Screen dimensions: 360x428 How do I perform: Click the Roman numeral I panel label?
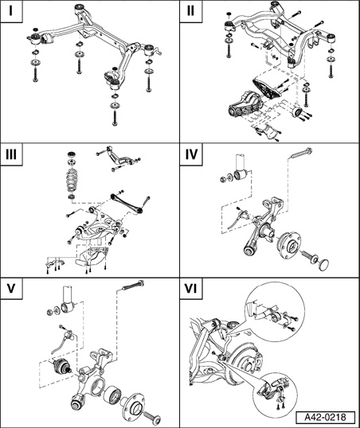(x=10, y=11)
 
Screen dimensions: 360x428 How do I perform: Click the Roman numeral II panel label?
(x=190, y=11)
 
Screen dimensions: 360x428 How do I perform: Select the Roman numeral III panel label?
(x=11, y=154)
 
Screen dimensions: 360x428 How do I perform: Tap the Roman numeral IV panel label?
(x=191, y=154)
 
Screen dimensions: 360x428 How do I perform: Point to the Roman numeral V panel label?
(x=11, y=288)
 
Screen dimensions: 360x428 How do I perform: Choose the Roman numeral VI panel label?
(x=190, y=288)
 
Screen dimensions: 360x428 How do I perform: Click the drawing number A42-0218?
(x=325, y=417)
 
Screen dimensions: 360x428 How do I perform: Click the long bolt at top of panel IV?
(x=302, y=153)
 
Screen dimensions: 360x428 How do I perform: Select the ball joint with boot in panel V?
(x=61, y=367)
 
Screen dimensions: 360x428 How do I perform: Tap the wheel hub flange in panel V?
(x=134, y=407)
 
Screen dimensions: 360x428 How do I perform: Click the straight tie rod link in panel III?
(x=127, y=203)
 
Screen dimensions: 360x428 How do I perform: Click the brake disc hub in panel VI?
(x=245, y=361)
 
